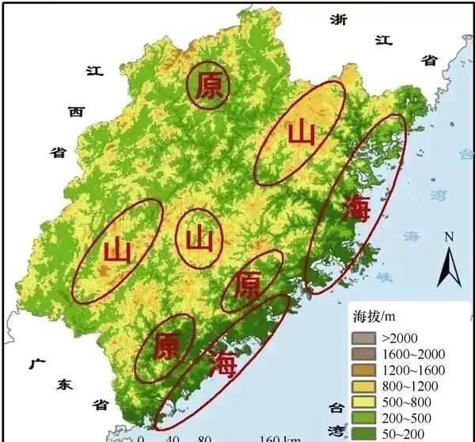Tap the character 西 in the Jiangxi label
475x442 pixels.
point(76,112)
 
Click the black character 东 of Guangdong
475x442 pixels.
point(64,385)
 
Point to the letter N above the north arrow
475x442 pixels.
point(449,237)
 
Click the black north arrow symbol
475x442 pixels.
point(450,265)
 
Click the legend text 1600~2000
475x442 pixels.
point(414,354)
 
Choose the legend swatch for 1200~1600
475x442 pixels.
point(361,370)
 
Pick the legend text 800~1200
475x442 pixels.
point(408,386)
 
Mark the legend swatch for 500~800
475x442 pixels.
point(361,402)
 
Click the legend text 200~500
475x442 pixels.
point(405,417)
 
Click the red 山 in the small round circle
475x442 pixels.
point(199,238)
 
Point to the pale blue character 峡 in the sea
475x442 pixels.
point(384,277)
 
